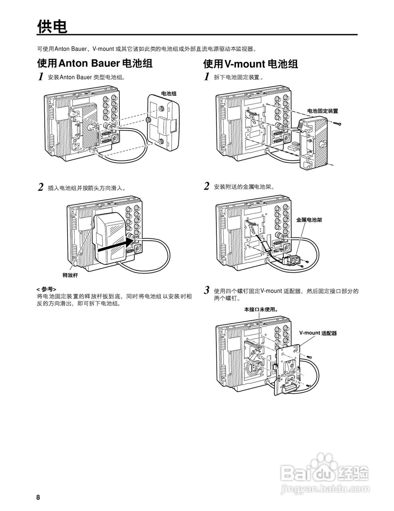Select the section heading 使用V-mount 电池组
pyautogui.click(x=250, y=64)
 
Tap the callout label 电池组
pyautogui.click(x=168, y=93)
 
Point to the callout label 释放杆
pyautogui.click(x=70, y=275)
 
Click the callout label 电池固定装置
pyautogui.click(x=323, y=111)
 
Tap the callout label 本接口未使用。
pyautogui.click(x=261, y=309)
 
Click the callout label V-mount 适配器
pyautogui.click(x=318, y=333)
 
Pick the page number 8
pyautogui.click(x=38, y=497)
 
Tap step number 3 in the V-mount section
pyautogui.click(x=207, y=290)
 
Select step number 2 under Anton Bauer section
pyautogui.click(x=40, y=187)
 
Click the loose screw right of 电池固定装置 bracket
pyautogui.click(x=339, y=125)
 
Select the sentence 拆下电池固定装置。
pyautogui.click(x=238, y=77)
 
